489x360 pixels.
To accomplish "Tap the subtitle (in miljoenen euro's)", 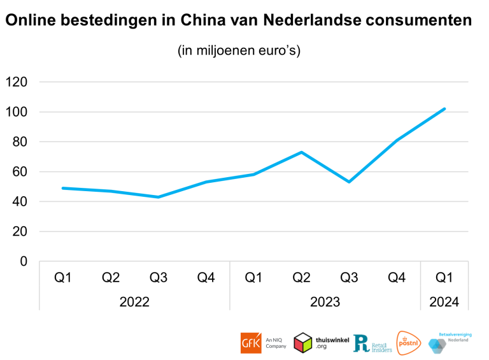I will pyautogui.click(x=238, y=51).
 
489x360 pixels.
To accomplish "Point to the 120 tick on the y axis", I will pyautogui.click(x=17, y=82).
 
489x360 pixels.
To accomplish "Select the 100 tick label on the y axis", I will pyautogui.click(x=17, y=112).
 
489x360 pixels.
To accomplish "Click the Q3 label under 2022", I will pyautogui.click(x=159, y=278).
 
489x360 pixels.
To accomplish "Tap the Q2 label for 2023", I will pyautogui.click(x=301, y=278).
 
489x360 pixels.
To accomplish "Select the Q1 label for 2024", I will pyautogui.click(x=444, y=278).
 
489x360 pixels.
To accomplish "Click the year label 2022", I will pyautogui.click(x=134, y=302).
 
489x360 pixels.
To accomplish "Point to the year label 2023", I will pyautogui.click(x=325, y=302).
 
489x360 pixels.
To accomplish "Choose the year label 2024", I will pyautogui.click(x=444, y=302).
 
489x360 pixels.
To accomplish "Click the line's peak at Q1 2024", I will pyautogui.click(x=444, y=109).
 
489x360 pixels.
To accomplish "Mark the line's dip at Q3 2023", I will pyautogui.click(x=349, y=182).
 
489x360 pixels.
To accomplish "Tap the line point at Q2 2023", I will pyautogui.click(x=301, y=152).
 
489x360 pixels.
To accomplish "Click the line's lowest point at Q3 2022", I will pyautogui.click(x=159, y=197).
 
